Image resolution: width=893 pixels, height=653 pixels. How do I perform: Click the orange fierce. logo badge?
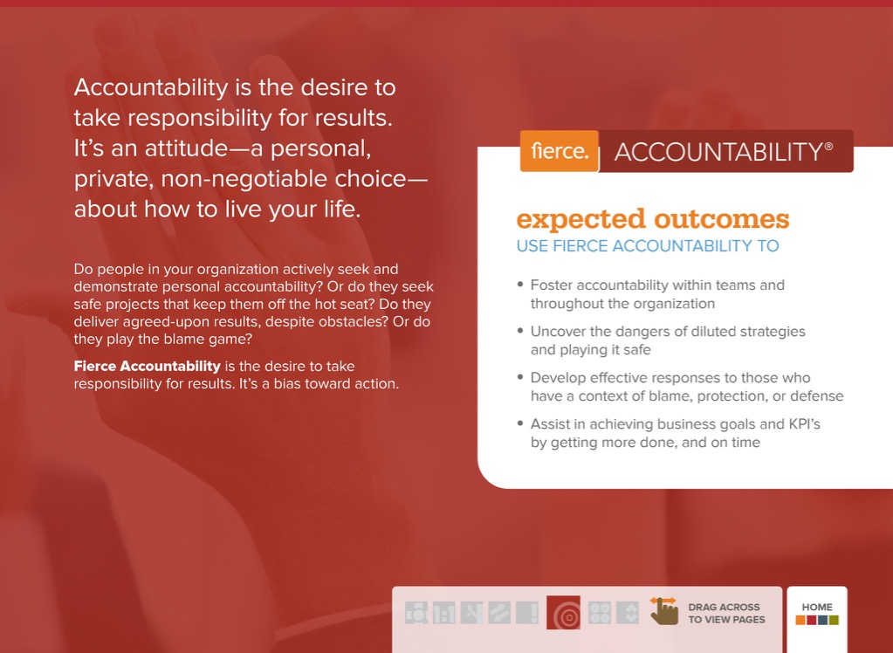coord(560,151)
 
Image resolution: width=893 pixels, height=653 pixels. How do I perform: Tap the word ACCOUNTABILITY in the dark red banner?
coord(718,152)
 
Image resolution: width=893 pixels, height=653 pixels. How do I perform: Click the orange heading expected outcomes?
coord(653,219)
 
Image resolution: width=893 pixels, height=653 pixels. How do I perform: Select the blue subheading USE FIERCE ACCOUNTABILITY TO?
coord(648,246)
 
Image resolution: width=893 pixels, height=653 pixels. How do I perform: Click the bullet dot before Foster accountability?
coord(520,285)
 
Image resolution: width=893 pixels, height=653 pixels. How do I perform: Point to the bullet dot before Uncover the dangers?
coord(520,331)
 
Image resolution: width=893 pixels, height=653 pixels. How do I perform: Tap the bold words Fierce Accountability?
coord(147,366)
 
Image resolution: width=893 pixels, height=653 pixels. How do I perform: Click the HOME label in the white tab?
coord(817,607)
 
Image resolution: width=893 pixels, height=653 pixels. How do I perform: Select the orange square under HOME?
coord(800,620)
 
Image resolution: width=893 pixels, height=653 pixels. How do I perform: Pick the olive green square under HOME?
coord(834,620)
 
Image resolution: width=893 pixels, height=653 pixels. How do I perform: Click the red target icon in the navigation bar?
coord(563,613)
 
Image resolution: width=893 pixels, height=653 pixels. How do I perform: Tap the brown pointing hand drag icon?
coord(664,611)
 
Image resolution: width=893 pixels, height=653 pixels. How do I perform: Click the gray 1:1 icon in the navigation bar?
coord(443,613)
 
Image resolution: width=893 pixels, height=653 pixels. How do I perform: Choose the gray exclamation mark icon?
coord(527,613)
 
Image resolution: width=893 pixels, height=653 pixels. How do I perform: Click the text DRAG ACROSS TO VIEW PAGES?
coord(726,613)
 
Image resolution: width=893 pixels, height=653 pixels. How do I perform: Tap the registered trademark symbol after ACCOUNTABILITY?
coord(828,146)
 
